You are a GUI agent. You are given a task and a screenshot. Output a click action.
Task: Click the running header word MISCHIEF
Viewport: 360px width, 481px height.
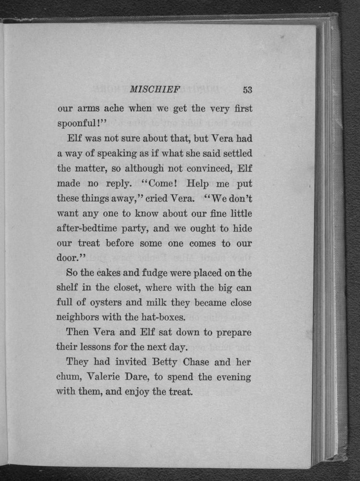click(x=155, y=89)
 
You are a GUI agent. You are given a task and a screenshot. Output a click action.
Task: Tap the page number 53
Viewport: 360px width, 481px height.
click(x=248, y=89)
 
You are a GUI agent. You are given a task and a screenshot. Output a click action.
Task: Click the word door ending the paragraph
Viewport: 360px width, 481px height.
click(x=67, y=257)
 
